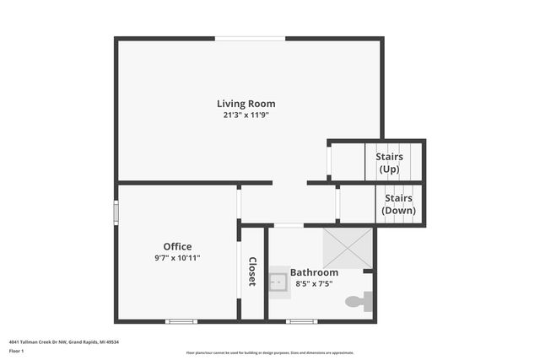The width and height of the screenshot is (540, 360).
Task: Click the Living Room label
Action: (x=246, y=104)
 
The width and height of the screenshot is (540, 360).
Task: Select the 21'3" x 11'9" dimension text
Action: (x=246, y=115)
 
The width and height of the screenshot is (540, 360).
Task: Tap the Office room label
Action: (x=177, y=246)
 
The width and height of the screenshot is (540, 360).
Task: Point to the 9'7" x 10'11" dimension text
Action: (x=177, y=257)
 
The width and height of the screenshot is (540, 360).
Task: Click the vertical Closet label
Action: (x=251, y=271)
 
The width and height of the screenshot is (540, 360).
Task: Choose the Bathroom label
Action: (x=314, y=272)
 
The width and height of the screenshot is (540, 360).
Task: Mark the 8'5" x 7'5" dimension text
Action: (x=314, y=283)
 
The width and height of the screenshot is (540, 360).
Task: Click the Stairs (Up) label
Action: (x=389, y=163)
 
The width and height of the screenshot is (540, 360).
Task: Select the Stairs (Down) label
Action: (x=398, y=204)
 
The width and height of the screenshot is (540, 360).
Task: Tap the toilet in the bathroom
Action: (x=360, y=301)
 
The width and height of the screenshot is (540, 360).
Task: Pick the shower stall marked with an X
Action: (x=347, y=248)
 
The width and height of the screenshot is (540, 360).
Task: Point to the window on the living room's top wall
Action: (x=250, y=39)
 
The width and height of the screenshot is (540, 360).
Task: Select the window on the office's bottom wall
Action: (x=181, y=321)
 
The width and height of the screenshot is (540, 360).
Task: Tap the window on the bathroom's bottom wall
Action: (x=301, y=321)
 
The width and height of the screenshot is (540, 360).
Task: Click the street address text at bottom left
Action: (x=63, y=341)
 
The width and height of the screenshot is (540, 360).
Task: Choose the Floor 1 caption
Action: (x=18, y=353)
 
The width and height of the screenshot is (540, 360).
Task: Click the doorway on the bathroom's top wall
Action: (x=289, y=225)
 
